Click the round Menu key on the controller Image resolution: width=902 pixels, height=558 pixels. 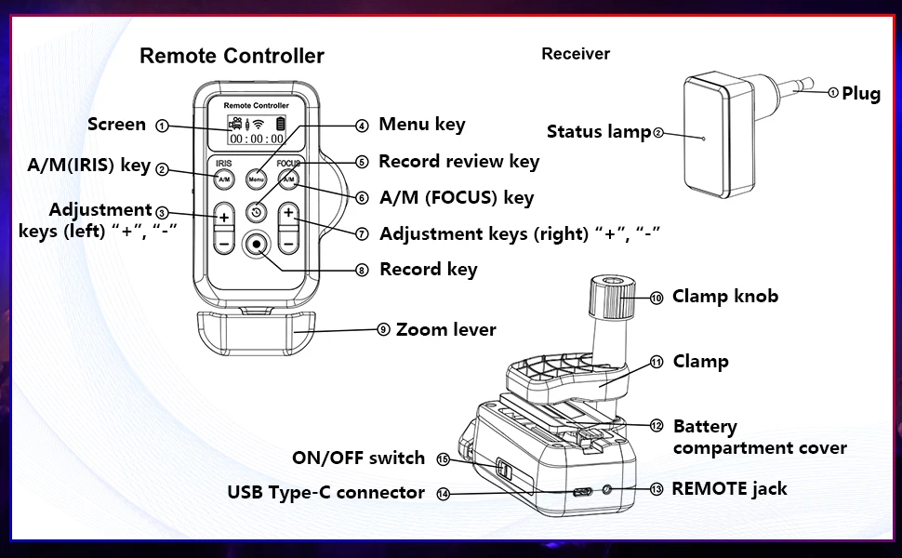click(x=256, y=178)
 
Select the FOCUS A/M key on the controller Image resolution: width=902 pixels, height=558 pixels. click(x=288, y=178)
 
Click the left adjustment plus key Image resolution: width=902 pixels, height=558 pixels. click(x=224, y=215)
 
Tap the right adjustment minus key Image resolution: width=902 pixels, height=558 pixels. click(x=288, y=242)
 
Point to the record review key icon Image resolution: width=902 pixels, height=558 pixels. click(x=256, y=212)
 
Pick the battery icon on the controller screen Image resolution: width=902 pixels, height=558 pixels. click(x=280, y=124)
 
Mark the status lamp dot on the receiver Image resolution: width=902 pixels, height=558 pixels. click(x=704, y=139)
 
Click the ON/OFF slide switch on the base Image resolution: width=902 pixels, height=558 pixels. click(x=503, y=469)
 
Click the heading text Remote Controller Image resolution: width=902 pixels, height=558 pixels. click(x=232, y=56)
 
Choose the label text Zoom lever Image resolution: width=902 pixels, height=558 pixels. click(x=445, y=330)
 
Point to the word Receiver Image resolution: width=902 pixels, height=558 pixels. click(x=576, y=54)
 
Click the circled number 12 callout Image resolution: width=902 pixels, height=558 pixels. click(x=657, y=426)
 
